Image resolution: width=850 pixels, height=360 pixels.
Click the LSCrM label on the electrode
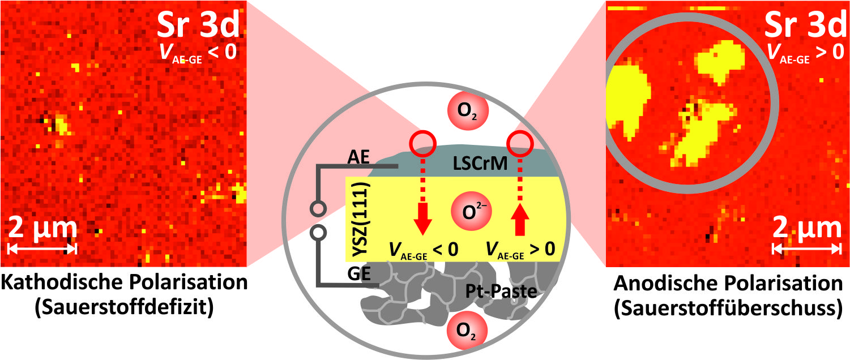click(x=480, y=164)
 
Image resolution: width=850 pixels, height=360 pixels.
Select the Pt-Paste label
click(x=501, y=292)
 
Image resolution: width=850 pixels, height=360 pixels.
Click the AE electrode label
click(x=358, y=157)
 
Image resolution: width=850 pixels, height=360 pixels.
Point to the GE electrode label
click(x=358, y=273)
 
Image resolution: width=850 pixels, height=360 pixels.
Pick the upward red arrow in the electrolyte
click(x=520, y=196)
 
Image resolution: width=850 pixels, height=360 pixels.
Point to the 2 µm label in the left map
click(x=42, y=228)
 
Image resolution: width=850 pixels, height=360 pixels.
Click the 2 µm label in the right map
click(x=807, y=228)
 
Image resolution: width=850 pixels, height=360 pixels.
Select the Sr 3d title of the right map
click(x=805, y=25)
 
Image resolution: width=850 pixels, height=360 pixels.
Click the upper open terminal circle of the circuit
click(x=318, y=209)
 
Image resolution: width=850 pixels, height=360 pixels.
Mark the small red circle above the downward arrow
click(x=422, y=144)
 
